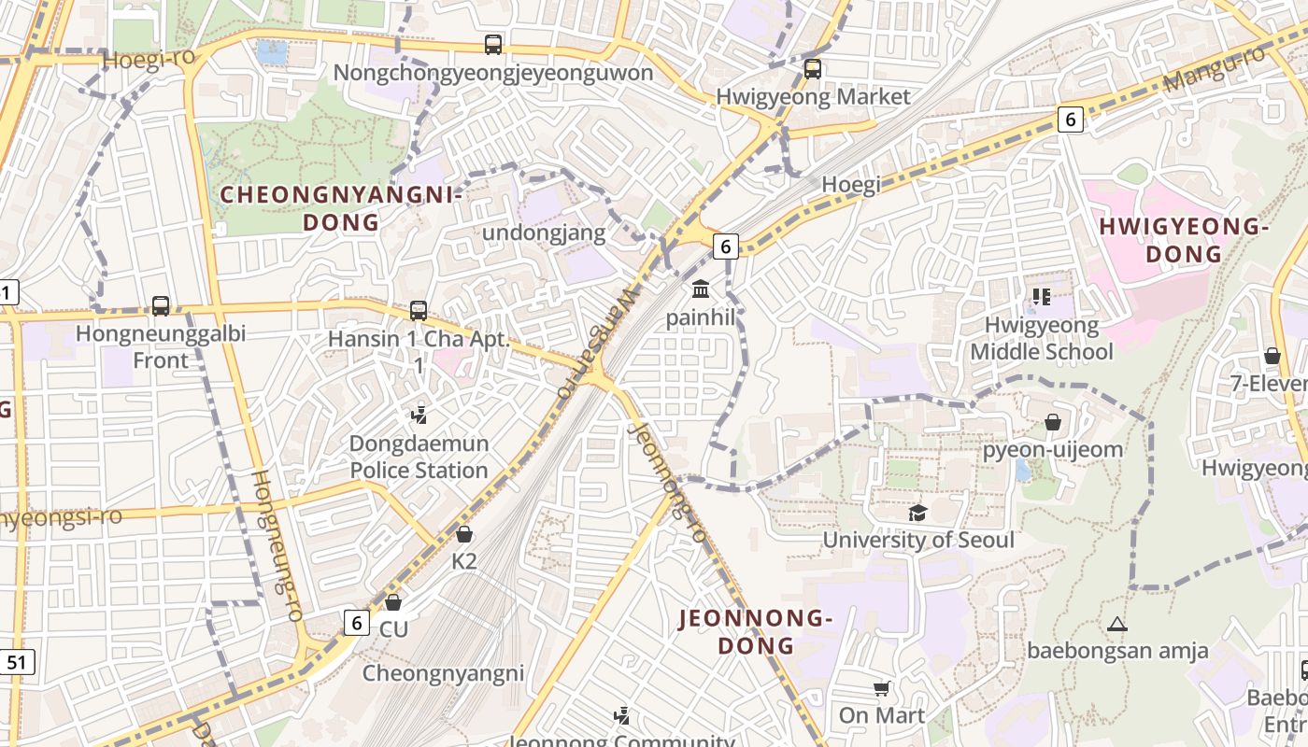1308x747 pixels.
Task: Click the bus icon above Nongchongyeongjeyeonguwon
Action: pos(492,44)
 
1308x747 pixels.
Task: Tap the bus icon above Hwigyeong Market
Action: pos(812,68)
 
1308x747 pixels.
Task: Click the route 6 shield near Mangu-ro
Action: pos(1071,119)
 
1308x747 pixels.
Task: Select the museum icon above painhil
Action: pos(701,289)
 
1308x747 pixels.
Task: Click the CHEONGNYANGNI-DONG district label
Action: pos(341,208)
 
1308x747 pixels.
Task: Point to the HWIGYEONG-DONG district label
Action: pos(1183,240)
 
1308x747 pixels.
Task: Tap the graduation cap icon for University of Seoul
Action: pos(917,513)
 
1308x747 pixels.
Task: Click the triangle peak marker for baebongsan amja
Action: pos(1116,624)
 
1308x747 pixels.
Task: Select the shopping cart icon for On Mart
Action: pos(881,689)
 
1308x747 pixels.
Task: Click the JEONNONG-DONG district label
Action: pos(755,631)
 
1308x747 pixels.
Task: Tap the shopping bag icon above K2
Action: pos(463,534)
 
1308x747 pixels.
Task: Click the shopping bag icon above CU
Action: pos(393,602)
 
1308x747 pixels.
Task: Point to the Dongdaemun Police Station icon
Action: pos(419,415)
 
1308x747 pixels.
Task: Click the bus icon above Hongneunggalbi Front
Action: pos(161,305)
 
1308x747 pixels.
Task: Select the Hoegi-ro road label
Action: pos(149,58)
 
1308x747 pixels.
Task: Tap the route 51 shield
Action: pos(16,663)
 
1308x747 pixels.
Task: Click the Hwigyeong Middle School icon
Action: pos(1041,297)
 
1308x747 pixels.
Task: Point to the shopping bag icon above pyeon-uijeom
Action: pos(1053,422)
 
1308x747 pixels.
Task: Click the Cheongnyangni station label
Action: pos(443,673)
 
